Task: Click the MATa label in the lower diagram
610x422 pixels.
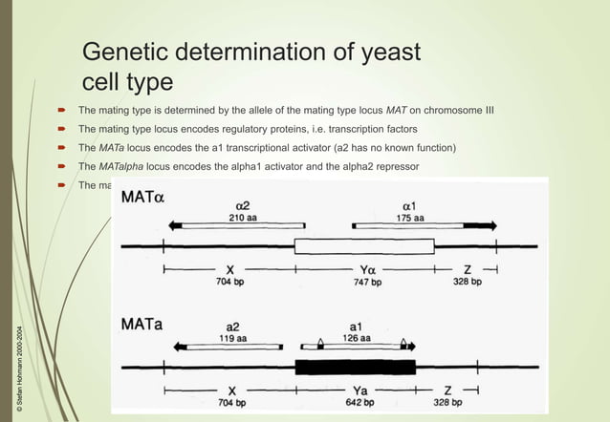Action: [141, 326]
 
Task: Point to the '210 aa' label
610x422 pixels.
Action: [243, 218]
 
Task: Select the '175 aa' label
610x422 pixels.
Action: [409, 218]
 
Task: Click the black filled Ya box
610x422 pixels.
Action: [355, 368]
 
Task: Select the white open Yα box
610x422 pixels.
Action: [363, 246]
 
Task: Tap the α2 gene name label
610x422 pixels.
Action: [243, 204]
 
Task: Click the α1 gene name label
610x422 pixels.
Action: [409, 204]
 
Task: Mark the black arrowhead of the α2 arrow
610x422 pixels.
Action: [175, 226]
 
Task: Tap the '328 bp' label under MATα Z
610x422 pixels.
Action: [468, 282]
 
